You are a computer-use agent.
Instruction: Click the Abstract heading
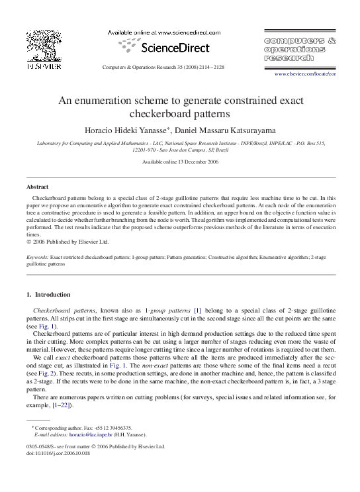pos(37,187)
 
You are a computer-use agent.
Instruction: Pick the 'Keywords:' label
pos(38,256)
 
